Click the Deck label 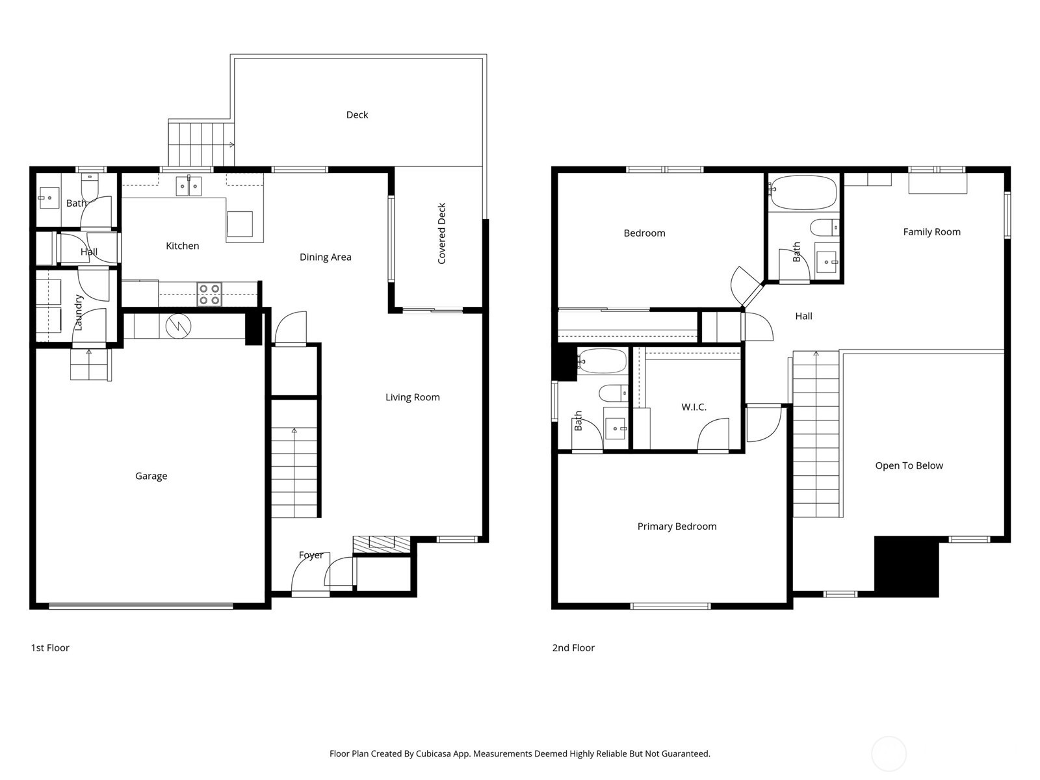357,115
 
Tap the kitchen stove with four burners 209,294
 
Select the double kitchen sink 189,186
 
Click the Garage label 151,476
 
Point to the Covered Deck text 442,233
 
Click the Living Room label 412,397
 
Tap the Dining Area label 325,257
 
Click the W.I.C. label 694,407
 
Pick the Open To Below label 909,465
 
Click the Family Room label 931,231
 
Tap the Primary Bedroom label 677,526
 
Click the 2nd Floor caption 573,647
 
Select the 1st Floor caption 50,647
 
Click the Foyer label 311,555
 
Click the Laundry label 79,313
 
